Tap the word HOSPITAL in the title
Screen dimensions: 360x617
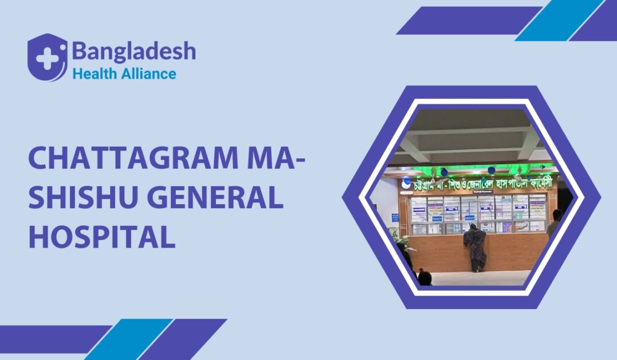point(101,237)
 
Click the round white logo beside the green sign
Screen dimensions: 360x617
point(406,183)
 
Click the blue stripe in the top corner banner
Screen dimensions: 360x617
point(559,21)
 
